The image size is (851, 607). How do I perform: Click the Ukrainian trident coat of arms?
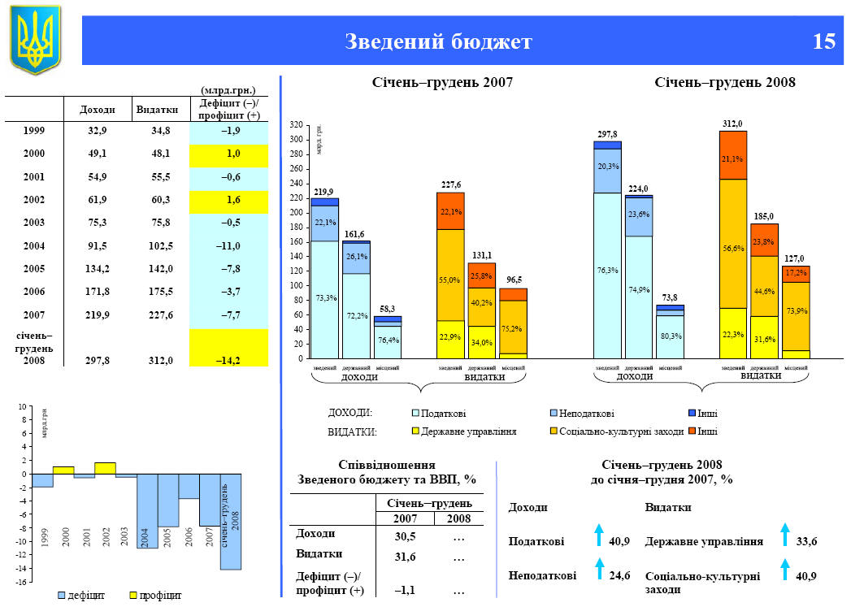tap(35, 39)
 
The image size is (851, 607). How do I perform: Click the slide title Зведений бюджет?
tap(438, 41)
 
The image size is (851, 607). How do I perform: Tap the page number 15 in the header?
tap(823, 41)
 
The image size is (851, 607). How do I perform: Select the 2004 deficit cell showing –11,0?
tap(229, 245)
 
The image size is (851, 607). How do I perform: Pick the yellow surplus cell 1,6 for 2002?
tap(229, 199)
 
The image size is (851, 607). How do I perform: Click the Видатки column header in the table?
tap(153, 109)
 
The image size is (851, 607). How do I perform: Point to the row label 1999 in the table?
tap(34, 130)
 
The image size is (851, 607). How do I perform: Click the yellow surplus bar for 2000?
tap(63, 470)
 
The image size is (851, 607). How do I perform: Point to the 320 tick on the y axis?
tap(297, 125)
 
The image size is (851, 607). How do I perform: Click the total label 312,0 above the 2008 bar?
tap(732, 124)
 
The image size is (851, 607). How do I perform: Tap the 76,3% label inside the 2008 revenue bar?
tap(607, 271)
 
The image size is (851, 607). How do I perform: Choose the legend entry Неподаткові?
tap(580, 414)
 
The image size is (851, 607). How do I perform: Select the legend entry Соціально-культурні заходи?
tap(618, 431)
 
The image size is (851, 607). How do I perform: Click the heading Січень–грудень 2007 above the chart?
tap(443, 83)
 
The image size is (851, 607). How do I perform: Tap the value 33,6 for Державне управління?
tap(806, 541)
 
